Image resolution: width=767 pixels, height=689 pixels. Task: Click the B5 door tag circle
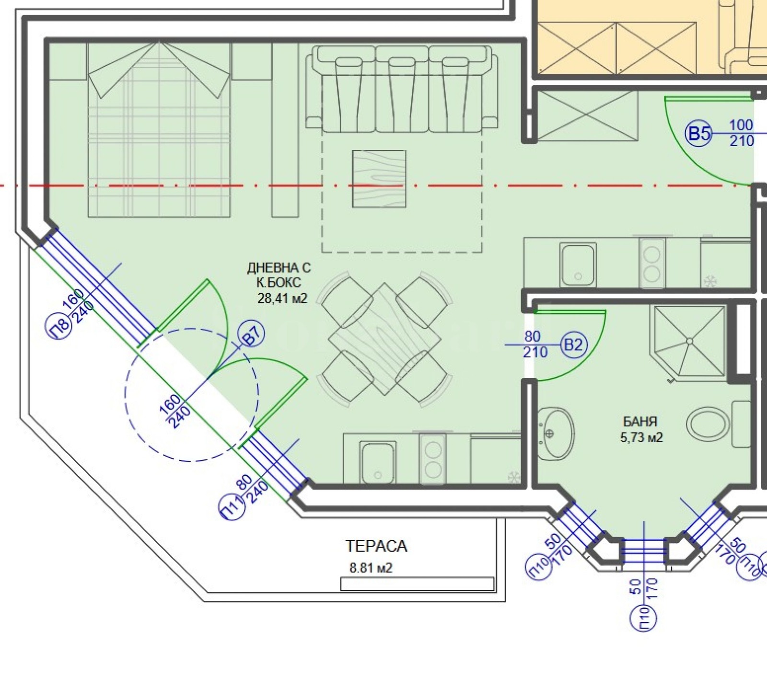[x=699, y=134]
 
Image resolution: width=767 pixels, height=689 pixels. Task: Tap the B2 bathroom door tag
[x=574, y=344]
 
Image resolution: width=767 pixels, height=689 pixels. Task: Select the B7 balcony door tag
[x=252, y=336]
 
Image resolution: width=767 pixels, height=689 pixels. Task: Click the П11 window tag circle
[x=232, y=508]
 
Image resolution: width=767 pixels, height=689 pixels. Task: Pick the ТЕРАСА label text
[x=376, y=546]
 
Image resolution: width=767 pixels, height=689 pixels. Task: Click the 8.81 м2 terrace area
[x=371, y=568]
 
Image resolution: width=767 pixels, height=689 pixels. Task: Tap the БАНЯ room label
[x=640, y=422]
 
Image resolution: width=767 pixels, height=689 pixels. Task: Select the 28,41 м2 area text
[x=282, y=299]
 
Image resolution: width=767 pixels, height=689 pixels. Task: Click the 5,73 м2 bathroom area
[x=641, y=437]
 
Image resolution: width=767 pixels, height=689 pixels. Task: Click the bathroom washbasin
[x=556, y=433]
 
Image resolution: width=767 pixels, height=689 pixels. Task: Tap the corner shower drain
[x=689, y=341]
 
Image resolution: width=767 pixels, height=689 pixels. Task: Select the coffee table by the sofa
[x=379, y=179]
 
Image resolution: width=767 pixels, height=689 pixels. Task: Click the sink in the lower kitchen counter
[x=378, y=463]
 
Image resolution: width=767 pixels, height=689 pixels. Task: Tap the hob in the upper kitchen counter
[x=652, y=264]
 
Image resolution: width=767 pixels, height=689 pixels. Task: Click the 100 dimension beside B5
[x=741, y=126]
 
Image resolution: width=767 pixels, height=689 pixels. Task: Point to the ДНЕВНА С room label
[x=279, y=267]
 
